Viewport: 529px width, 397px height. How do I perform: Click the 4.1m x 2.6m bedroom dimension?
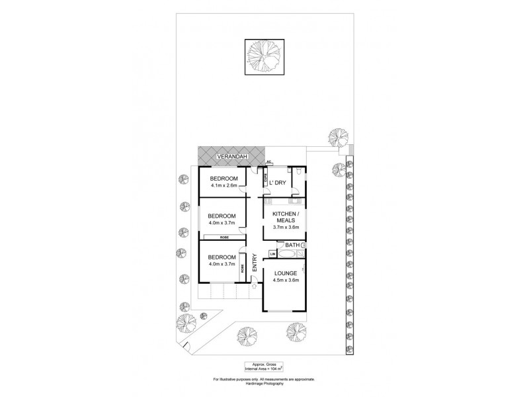coord(223,186)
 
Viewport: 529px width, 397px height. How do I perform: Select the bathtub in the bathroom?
coord(288,254)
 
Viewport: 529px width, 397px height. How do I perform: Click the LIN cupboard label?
coord(272,254)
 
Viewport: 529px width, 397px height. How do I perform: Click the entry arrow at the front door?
coord(255,287)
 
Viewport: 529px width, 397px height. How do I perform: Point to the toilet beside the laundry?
coord(300,173)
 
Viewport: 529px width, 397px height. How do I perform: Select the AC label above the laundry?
coord(268,162)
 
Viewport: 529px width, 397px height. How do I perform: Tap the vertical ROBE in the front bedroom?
coord(242,269)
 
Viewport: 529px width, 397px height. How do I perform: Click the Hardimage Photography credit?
coord(264,383)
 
